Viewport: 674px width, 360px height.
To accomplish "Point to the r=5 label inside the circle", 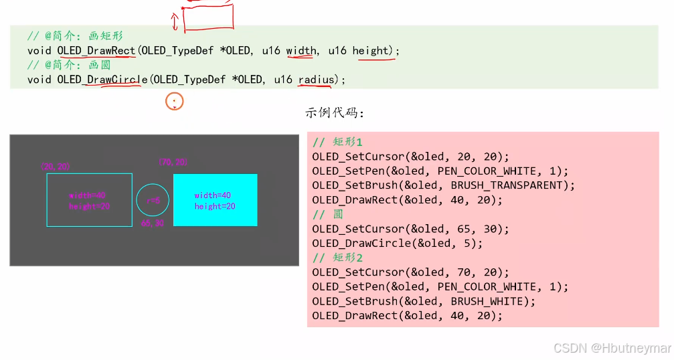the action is click(x=153, y=200).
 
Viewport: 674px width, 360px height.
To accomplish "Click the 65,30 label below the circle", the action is click(x=152, y=223).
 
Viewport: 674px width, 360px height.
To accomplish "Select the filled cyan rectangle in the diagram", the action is click(x=215, y=199).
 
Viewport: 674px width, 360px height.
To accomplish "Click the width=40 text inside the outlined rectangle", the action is click(x=88, y=195).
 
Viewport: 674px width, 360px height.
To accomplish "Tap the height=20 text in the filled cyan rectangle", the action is click(x=215, y=207).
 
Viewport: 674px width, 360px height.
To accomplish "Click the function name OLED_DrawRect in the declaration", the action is click(x=96, y=51).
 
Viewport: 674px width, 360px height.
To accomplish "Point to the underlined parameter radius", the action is click(x=316, y=80).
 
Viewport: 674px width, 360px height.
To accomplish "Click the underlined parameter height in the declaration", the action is click(x=371, y=51).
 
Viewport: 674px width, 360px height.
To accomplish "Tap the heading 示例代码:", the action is click(x=335, y=112).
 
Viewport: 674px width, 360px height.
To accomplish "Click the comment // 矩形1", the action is click(x=337, y=142).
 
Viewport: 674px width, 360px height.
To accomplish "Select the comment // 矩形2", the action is click(x=337, y=258).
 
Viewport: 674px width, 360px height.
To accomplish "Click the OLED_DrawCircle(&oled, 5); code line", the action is click(x=397, y=244).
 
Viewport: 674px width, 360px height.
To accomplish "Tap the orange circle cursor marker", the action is click(x=174, y=102).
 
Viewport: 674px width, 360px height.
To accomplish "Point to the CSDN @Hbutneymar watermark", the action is click(x=612, y=348).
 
